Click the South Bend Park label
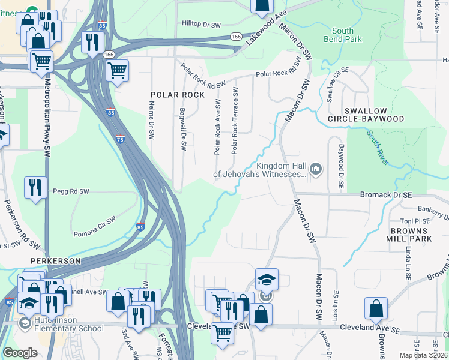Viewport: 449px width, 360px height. coord(347,35)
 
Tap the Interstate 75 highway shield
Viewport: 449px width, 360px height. coord(121,139)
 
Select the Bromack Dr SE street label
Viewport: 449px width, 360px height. coord(385,195)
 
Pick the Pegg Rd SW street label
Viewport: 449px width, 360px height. coord(71,191)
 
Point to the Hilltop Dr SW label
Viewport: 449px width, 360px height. coord(206,23)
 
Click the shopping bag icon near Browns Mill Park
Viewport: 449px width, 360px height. coord(376,308)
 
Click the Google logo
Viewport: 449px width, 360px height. coord(20,353)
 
